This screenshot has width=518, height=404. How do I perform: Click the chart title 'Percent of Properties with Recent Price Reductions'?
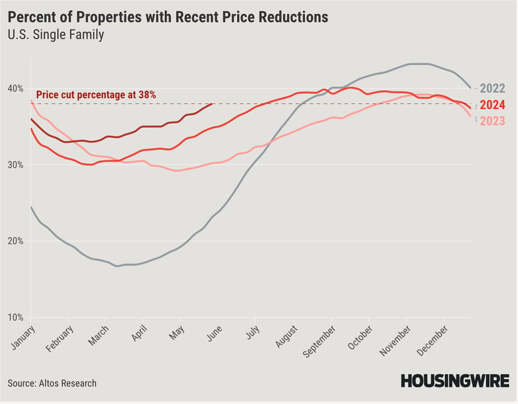(x=168, y=17)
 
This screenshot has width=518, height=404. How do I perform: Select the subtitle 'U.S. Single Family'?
(x=56, y=35)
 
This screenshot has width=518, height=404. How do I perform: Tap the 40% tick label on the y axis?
(x=16, y=88)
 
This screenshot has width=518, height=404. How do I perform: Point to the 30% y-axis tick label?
(x=16, y=165)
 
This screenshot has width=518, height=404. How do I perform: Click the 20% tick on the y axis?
(x=16, y=241)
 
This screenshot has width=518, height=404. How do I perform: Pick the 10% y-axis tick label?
(x=16, y=317)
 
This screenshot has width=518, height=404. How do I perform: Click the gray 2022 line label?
(x=492, y=89)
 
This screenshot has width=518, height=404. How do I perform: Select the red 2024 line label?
(x=492, y=105)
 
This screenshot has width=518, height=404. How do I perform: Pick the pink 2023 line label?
(x=492, y=121)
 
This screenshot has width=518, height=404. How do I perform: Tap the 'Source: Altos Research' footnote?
(x=52, y=383)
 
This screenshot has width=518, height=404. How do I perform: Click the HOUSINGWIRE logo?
(x=455, y=381)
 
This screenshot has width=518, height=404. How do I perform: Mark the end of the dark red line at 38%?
(x=212, y=104)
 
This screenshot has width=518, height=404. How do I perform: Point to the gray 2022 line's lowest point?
(x=117, y=266)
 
